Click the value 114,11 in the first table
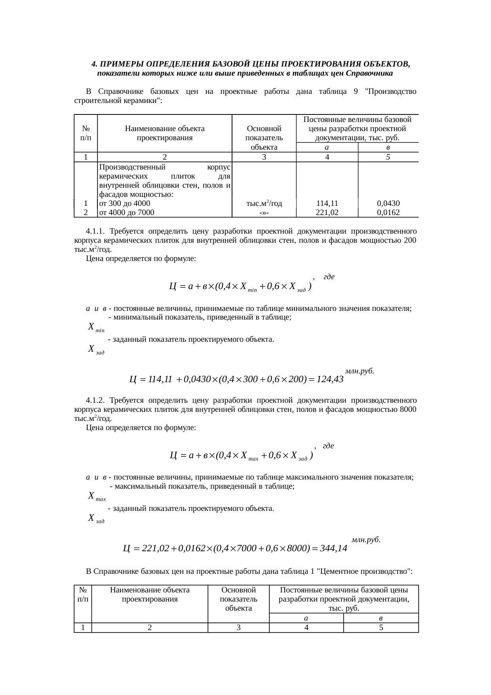click(327, 204)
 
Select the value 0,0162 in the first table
click(388, 213)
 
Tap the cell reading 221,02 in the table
click(327, 213)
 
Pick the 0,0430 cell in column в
click(388, 204)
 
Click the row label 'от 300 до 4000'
click(124, 204)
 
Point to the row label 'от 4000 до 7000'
click(126, 213)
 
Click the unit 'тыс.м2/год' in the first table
click(264, 204)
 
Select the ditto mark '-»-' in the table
click(264, 213)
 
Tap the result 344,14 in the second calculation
click(333, 548)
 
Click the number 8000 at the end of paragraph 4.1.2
click(407, 409)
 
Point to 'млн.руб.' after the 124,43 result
click(360, 371)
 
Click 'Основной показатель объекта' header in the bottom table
click(238, 599)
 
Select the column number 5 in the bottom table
click(381, 628)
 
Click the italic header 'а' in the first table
click(327, 147)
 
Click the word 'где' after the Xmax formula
click(328, 446)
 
